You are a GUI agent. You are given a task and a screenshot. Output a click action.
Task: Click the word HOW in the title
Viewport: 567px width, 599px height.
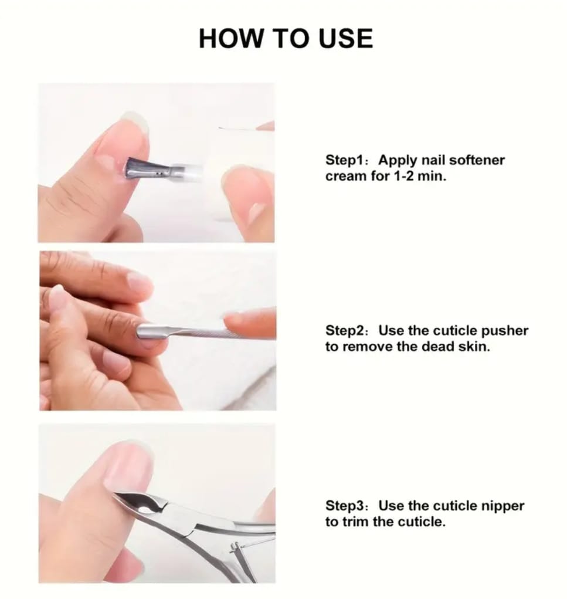[231, 39]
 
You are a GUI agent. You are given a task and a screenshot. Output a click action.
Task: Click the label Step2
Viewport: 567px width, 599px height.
[344, 330]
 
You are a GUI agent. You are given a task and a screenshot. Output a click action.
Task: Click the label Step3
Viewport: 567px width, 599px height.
[344, 505]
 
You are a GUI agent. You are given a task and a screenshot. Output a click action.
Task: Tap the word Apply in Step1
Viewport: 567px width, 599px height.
[398, 160]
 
